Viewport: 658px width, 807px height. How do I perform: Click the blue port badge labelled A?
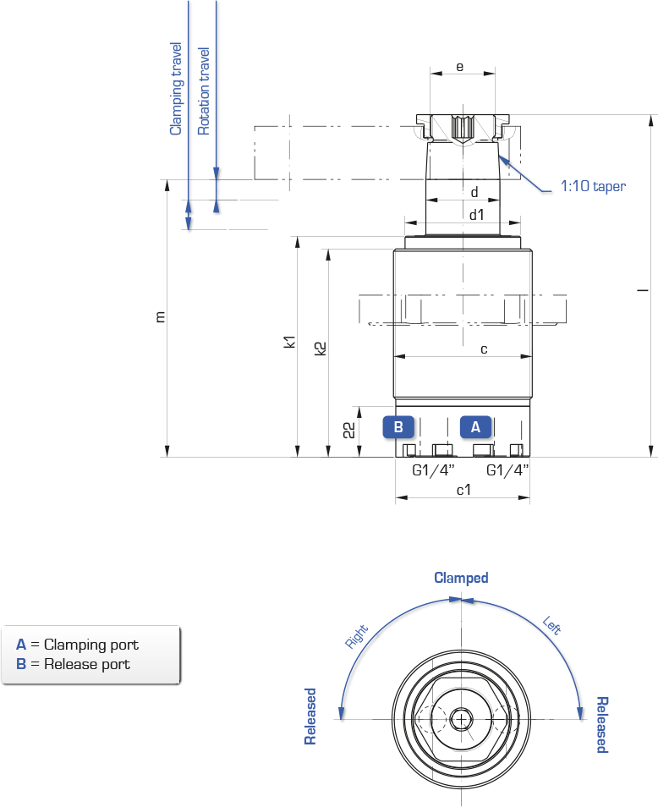point(475,426)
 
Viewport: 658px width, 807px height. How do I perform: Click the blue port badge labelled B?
point(398,426)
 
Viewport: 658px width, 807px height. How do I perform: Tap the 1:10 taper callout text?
point(593,186)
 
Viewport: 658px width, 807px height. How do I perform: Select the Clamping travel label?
point(176,89)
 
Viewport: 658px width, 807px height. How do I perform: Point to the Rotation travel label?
point(204,91)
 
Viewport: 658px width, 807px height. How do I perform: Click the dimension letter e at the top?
point(459,67)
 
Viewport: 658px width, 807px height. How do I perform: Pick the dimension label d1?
point(476,215)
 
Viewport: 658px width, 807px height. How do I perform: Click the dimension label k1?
point(290,342)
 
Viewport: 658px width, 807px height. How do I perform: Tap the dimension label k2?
point(320,349)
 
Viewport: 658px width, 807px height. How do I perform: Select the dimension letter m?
point(161,317)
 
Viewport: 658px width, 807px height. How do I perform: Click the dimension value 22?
point(348,430)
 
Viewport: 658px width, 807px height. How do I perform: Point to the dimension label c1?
point(463,490)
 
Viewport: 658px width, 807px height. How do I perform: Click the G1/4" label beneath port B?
point(433,469)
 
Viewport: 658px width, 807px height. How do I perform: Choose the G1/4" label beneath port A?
point(507,469)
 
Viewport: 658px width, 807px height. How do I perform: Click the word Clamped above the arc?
point(461,578)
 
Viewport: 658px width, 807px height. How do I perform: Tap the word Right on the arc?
point(357,636)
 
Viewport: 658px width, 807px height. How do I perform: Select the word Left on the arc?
point(552,625)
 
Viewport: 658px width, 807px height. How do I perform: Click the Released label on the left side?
point(310,716)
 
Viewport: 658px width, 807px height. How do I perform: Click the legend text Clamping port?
point(91,645)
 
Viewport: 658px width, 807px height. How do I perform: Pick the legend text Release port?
point(87,664)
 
